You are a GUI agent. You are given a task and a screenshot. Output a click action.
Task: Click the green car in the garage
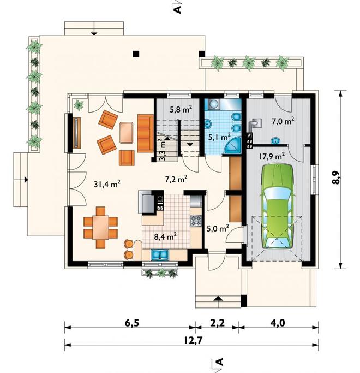[277, 206]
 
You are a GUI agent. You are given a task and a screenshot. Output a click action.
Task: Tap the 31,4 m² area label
[107, 184]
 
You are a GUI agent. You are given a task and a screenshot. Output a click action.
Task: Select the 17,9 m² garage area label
[272, 156]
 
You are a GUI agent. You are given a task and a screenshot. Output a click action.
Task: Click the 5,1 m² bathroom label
[219, 137]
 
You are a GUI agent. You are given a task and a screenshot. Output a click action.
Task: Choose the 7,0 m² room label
[283, 121]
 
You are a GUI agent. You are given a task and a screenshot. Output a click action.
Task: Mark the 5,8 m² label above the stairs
[181, 109]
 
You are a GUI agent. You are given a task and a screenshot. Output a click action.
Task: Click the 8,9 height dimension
[336, 178]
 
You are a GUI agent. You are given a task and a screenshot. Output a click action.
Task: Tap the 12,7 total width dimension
[193, 341]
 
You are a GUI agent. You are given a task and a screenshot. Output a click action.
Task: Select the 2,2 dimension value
[218, 323]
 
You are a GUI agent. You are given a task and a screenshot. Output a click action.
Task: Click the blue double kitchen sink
[160, 254]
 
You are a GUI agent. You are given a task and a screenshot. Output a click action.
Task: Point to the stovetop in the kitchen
[196, 221]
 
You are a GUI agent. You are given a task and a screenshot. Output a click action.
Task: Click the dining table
[100, 228]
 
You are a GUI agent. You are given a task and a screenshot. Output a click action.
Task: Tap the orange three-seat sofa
[145, 133]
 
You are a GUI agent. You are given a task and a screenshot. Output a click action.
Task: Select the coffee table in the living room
[126, 133]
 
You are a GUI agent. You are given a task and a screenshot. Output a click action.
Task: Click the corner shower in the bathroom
[233, 145]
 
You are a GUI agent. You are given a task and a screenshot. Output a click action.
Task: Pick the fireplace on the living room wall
[76, 133]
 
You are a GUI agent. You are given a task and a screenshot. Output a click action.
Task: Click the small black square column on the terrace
[136, 54]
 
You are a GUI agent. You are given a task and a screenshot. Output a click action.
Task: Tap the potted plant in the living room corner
[79, 104]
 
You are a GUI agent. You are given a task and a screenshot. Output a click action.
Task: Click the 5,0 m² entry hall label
[218, 228]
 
